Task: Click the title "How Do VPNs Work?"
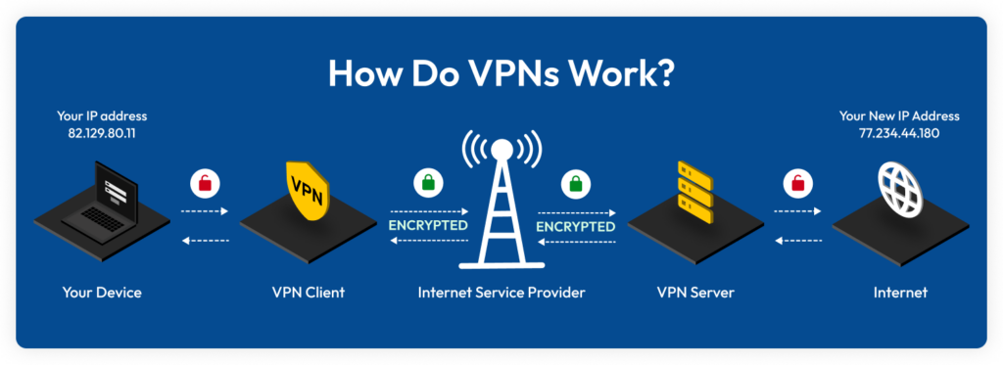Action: click(x=501, y=74)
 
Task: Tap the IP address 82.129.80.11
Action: click(x=96, y=132)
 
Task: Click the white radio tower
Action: click(x=501, y=205)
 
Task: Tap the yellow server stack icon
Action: click(x=694, y=192)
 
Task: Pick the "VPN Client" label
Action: click(x=308, y=292)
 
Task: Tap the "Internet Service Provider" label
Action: click(x=501, y=292)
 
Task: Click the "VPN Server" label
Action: click(x=694, y=292)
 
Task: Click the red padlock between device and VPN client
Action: click(x=205, y=182)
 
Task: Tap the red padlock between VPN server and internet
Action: click(x=798, y=182)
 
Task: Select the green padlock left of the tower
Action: click(x=426, y=182)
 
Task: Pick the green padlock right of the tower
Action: click(x=574, y=182)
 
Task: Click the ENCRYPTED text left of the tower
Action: click(x=428, y=225)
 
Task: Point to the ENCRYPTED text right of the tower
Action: click(x=575, y=225)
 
